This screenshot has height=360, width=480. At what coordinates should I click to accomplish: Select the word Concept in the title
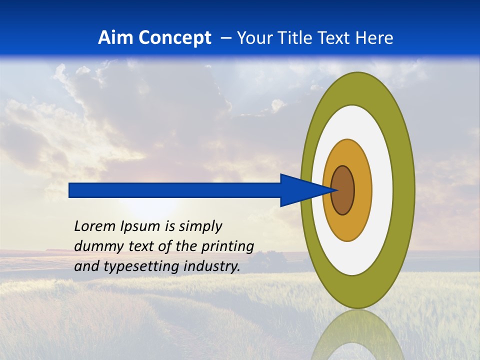coord(174,38)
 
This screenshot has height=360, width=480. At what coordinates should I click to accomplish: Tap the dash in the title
coord(225,38)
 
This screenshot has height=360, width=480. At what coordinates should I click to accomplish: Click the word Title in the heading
coord(301,38)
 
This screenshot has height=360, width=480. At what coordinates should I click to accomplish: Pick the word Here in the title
coord(374,38)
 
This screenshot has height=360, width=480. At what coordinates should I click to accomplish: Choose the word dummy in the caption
coord(94,247)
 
